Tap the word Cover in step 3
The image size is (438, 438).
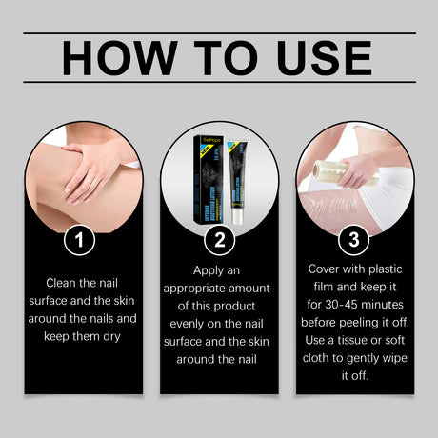pyautogui.click(x=327, y=269)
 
